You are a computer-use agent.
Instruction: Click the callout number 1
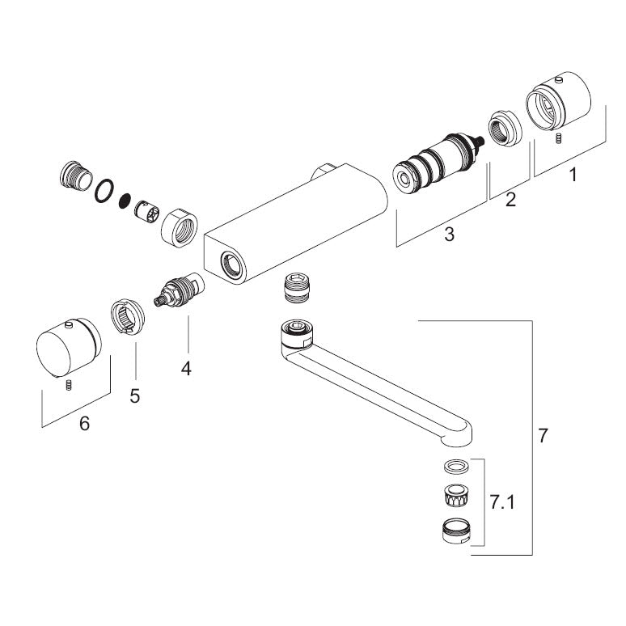[573, 174]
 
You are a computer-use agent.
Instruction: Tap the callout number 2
[510, 200]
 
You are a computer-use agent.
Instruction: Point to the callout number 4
[187, 369]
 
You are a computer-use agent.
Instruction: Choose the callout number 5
[135, 396]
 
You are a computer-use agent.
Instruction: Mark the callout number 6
[84, 423]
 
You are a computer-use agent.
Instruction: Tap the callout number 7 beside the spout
[543, 436]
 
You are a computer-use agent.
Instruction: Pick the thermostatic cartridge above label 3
[437, 165]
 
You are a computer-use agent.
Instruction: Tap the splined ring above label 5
[127, 314]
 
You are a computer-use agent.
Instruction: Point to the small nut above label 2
[504, 129]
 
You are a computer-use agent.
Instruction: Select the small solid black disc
[125, 200]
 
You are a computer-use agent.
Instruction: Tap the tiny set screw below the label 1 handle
[558, 140]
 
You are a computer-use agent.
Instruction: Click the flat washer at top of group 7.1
[455, 466]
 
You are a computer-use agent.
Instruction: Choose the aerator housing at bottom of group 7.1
[458, 531]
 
